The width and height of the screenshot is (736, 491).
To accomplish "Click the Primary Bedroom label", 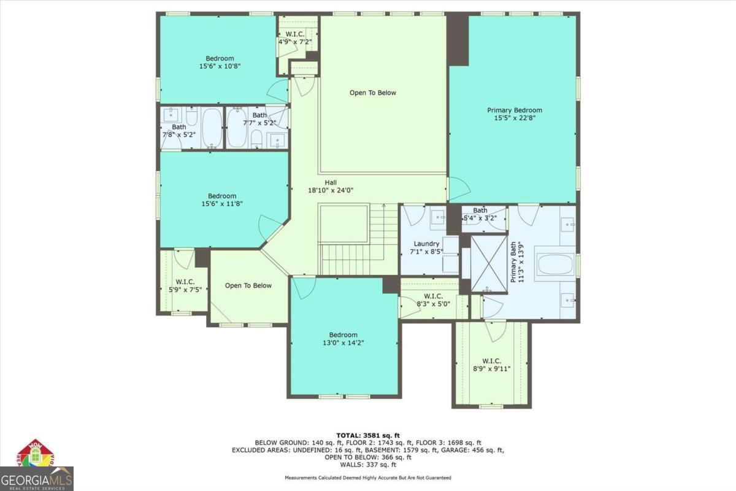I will tap(515, 110).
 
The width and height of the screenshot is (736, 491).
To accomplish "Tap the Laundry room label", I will tap(426, 244).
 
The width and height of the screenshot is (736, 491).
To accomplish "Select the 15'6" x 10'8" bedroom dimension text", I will tap(220, 66).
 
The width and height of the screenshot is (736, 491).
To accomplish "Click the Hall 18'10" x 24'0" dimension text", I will tap(331, 190).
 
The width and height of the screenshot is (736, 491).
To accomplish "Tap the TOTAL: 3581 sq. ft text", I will tap(367, 435).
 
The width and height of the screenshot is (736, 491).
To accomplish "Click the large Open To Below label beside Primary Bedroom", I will tap(373, 93).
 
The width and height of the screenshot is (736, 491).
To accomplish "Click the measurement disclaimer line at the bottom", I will tap(367, 477).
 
